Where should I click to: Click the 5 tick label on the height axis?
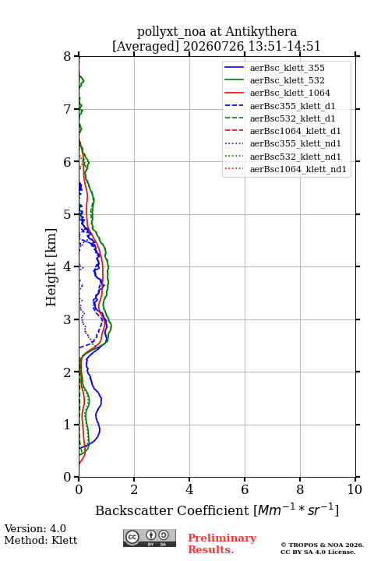[x=68, y=214]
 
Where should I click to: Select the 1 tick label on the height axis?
[x=68, y=425]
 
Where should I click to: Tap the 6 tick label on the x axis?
[x=245, y=489]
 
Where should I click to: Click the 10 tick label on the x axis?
[x=355, y=489]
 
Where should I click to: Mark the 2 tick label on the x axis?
[x=134, y=489]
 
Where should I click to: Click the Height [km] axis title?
[x=51, y=267]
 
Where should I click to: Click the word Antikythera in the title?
[x=261, y=32]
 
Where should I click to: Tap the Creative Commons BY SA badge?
[x=150, y=538]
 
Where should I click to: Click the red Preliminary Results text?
[x=222, y=544]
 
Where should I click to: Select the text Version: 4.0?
[x=35, y=528]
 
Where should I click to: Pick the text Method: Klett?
[x=41, y=540]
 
